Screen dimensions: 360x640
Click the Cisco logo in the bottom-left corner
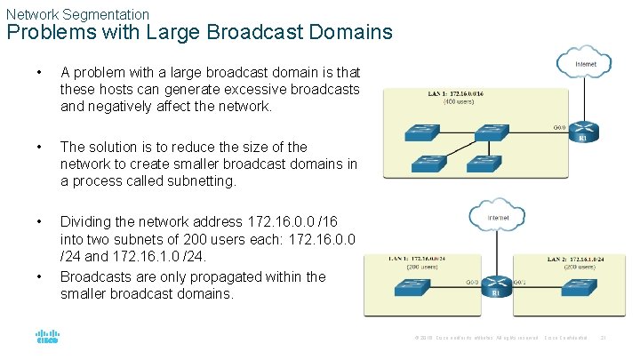(x=47, y=338)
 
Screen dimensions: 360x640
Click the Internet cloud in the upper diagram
(x=584, y=63)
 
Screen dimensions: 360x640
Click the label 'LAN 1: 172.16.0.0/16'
(x=460, y=92)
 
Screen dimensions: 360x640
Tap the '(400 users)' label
(x=460, y=101)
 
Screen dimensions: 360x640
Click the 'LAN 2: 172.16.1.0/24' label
(x=575, y=259)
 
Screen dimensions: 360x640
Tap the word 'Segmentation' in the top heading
(x=106, y=14)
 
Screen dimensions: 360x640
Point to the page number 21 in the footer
(x=604, y=338)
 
